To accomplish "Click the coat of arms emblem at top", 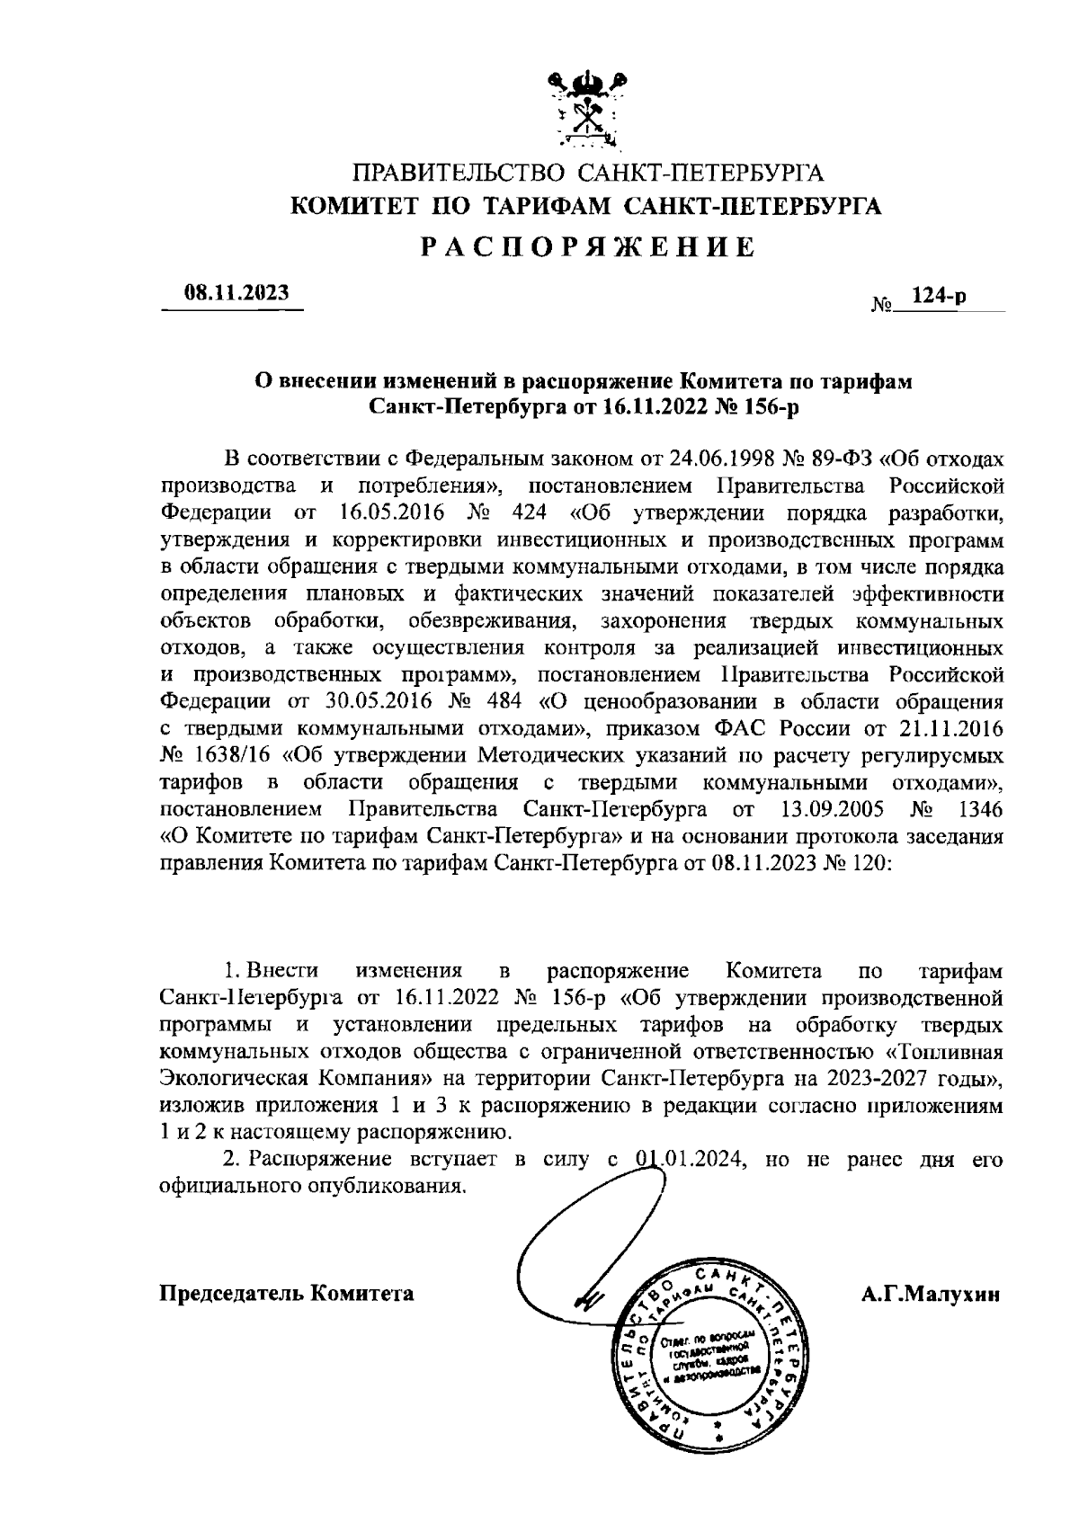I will [586, 110].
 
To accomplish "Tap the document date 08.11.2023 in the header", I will [236, 292].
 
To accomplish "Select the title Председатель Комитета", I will [287, 1294].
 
